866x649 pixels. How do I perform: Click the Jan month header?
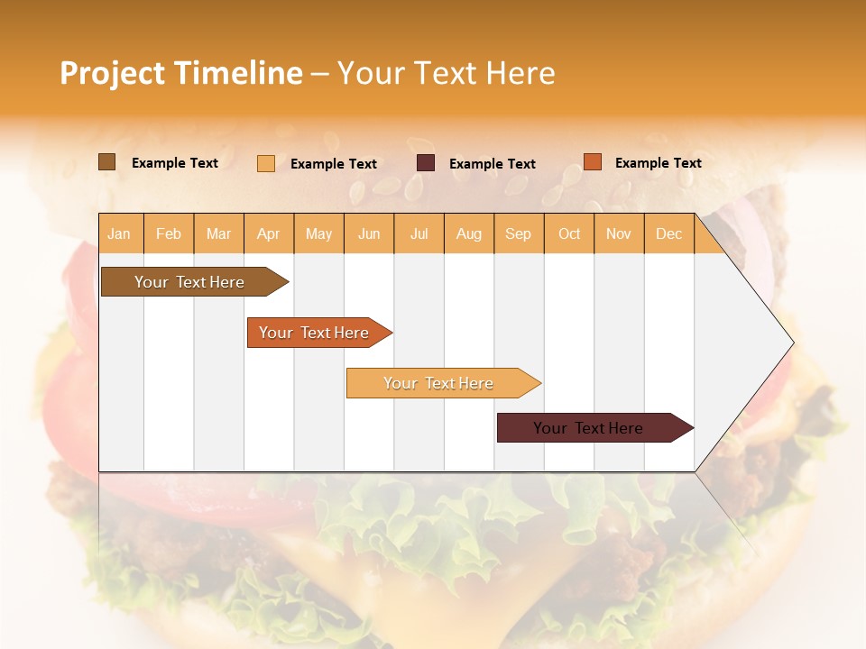pos(119,234)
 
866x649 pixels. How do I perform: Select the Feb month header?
pos(169,234)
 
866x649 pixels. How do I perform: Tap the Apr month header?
pos(269,234)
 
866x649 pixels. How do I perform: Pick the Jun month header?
pos(369,234)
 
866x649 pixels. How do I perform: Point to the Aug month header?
pos(469,234)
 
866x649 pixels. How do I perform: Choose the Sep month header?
pos(519,234)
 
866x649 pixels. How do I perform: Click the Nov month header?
pos(619,234)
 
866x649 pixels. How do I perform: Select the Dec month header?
pos(669,234)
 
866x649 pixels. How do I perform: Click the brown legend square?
pos(107,162)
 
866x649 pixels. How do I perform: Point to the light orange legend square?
pos(266,163)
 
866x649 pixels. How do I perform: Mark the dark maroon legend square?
pos(426,163)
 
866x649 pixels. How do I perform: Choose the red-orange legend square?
pos(593,162)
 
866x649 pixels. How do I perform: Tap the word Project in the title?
pos(112,73)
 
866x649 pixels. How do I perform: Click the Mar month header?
pos(218,234)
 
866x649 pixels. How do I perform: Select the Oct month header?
pos(569,234)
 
